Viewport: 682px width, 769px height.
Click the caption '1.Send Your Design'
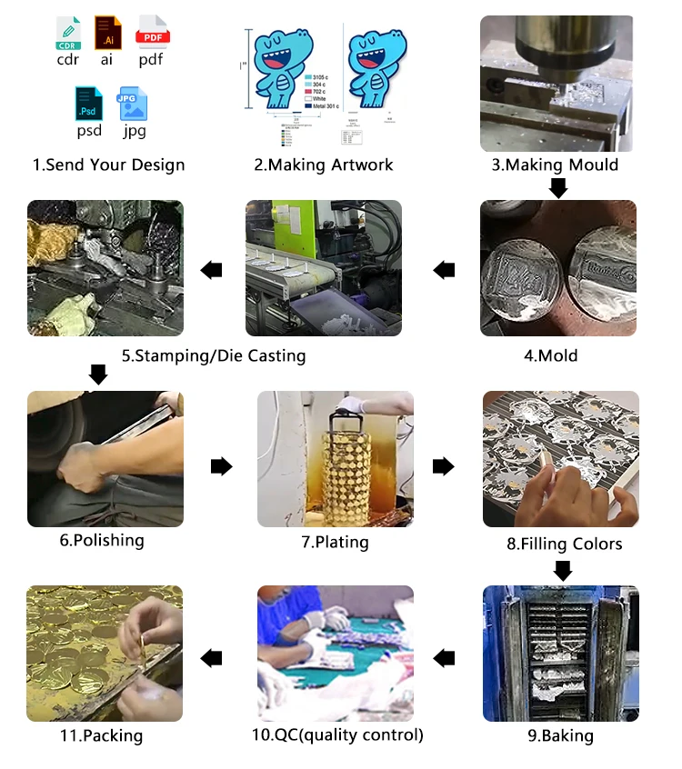pyautogui.click(x=108, y=165)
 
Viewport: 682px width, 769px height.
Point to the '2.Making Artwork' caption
pyautogui.click(x=323, y=165)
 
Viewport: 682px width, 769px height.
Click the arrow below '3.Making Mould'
pyautogui.click(x=558, y=187)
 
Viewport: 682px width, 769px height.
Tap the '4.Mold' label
pyautogui.click(x=550, y=355)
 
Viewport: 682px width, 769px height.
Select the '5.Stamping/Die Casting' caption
pyautogui.click(x=214, y=355)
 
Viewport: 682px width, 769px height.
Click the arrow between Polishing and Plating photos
pyautogui.click(x=221, y=466)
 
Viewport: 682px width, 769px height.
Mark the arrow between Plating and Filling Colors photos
pyautogui.click(x=443, y=466)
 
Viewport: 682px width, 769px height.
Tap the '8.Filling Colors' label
pyautogui.click(x=564, y=544)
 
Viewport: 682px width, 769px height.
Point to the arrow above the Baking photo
pyautogui.click(x=563, y=571)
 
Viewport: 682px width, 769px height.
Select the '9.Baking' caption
pyautogui.click(x=562, y=735)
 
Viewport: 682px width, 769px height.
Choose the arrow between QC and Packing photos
pyautogui.click(x=444, y=657)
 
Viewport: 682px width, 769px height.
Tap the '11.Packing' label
pyautogui.click(x=99, y=735)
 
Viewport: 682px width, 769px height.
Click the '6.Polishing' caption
pyautogui.click(x=102, y=540)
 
